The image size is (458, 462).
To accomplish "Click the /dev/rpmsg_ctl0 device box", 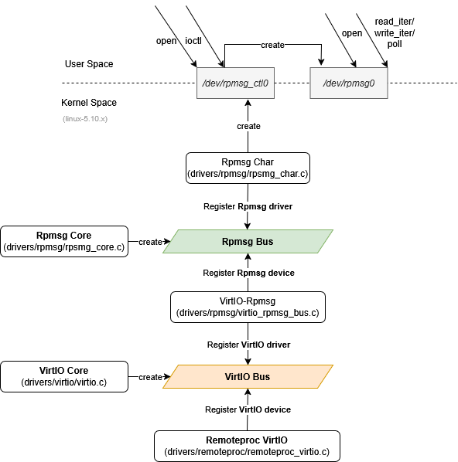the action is coord(235,83).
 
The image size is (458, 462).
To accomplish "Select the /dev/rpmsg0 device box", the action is coord(349,83).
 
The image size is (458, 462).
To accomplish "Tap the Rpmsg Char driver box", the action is coord(248,168).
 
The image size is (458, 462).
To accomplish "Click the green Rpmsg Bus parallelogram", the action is coord(248,241).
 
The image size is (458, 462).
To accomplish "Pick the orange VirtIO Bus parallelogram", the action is coord(248,376).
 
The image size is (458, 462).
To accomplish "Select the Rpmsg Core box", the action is coord(64,241).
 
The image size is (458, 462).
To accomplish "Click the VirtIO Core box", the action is coord(64,376).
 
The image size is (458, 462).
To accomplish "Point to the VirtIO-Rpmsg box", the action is coord(248,307).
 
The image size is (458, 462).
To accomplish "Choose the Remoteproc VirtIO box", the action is coord(247,446).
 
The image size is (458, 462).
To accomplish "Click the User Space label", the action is coord(89,64).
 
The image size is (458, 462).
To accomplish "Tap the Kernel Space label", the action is coord(89,103).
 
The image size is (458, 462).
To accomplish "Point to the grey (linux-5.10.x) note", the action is coord(85,119).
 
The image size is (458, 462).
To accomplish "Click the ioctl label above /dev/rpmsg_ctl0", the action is coord(193,41).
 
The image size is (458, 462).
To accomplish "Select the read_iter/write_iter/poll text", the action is coord(395,32).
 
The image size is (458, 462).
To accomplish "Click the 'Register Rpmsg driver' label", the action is coord(248,206).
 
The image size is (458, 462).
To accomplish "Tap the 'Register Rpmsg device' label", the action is coord(248,273).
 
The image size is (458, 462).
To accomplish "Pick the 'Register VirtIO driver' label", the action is coord(248,345).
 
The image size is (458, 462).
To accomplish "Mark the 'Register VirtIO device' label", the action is coord(248,409).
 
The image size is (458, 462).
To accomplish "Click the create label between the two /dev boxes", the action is coord(272,45).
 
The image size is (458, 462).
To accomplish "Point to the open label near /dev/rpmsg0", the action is coord(352,33).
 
